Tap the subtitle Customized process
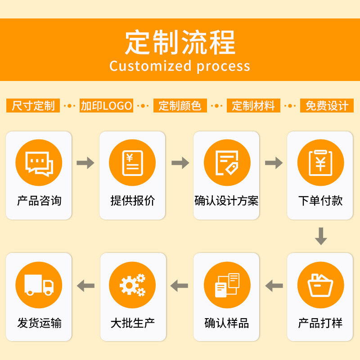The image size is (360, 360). (180, 66)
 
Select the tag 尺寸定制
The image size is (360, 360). (33, 106)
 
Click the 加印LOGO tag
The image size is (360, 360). (107, 106)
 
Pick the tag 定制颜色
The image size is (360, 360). (180, 106)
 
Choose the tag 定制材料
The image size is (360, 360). (253, 106)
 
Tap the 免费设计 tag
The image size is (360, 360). (327, 106)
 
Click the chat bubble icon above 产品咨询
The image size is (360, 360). (39, 163)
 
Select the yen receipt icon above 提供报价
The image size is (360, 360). (132, 163)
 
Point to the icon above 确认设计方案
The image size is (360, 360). (227, 163)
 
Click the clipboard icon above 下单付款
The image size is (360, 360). (320, 163)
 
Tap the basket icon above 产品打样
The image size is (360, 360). (320, 285)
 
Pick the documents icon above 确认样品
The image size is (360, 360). (227, 285)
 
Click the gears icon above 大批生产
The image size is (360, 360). (132, 285)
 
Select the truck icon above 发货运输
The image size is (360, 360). (39, 285)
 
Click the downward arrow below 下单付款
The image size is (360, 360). (320, 236)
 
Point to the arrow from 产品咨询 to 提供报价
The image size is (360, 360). (85, 163)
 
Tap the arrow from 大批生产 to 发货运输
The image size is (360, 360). (85, 285)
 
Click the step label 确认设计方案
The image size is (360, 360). (226, 201)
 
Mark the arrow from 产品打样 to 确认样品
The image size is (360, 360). (274, 285)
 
